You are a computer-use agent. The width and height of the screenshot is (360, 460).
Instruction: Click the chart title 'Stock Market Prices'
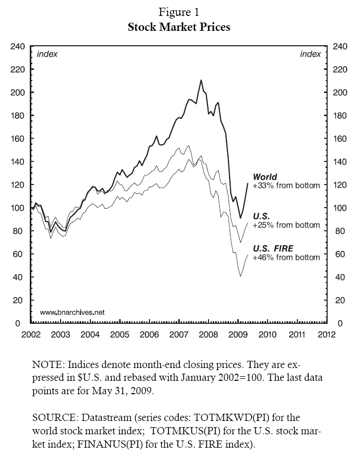179,27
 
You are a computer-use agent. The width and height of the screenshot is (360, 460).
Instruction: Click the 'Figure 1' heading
179,11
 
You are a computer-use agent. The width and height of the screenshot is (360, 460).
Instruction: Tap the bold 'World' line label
265,177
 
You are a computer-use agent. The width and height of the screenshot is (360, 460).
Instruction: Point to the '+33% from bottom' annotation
286,186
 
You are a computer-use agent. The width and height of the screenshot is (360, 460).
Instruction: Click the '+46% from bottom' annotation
286,257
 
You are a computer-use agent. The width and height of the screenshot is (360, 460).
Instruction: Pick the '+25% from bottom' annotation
286,225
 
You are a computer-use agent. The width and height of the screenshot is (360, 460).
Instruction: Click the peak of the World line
201,80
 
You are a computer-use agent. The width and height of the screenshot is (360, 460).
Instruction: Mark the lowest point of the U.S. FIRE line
240,277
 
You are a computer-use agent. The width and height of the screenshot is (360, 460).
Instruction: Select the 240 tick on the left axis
17,46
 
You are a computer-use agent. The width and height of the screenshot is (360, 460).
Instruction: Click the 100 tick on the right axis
341,208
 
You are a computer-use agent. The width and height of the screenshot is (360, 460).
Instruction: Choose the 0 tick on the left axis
17,323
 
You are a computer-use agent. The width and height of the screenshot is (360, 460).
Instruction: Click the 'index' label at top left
47,54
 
